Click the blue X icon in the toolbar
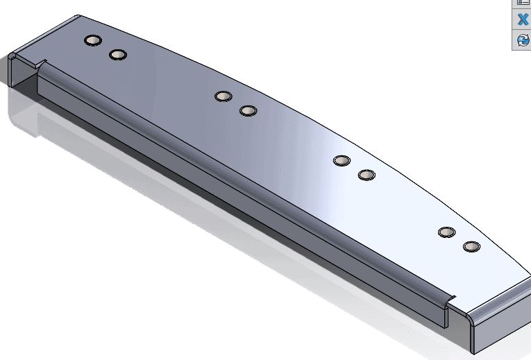tap(523, 19)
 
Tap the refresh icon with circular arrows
tap(523, 41)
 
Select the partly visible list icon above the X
tap(523, 3)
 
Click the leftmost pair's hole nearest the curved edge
tap(92, 40)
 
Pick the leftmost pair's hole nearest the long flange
tap(118, 54)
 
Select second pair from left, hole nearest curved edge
tap(223, 96)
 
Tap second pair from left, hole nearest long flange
tap(248, 110)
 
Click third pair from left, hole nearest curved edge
tap(342, 160)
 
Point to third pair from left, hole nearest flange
tap(366, 174)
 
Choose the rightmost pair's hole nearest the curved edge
tap(446, 232)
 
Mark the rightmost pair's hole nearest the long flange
tap(471, 246)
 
